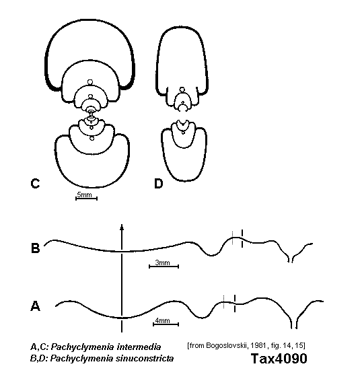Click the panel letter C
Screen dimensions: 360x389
(x=35, y=183)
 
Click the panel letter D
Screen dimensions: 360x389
(x=159, y=184)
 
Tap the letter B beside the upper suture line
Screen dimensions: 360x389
(x=35, y=248)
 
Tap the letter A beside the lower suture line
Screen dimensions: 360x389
(x=35, y=306)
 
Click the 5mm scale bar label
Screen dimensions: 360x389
(x=84, y=194)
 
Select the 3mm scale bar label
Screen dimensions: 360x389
(x=163, y=262)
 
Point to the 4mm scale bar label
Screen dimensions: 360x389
(x=163, y=320)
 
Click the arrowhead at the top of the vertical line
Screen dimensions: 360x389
(x=122, y=227)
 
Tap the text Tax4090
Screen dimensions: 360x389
(x=279, y=359)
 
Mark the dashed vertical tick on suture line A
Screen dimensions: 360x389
(x=235, y=303)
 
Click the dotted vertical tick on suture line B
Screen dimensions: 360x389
(x=232, y=238)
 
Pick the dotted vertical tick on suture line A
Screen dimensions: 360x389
(x=224, y=302)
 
